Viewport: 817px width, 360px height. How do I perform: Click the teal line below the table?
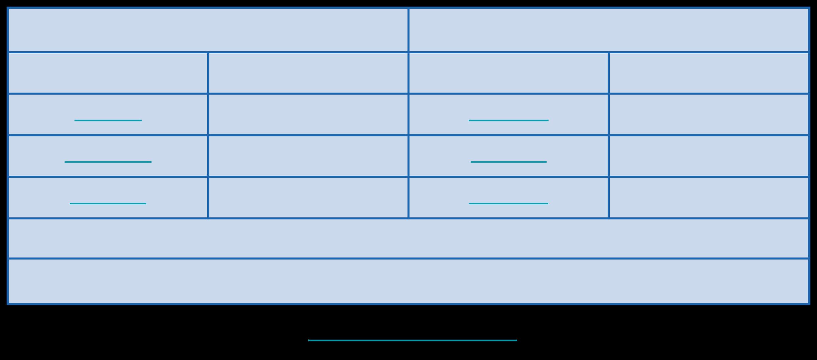point(412,340)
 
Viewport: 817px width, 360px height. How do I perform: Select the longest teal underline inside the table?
point(108,162)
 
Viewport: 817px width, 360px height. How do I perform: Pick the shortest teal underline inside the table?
point(108,120)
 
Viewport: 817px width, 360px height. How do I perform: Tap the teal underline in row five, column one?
point(108,203)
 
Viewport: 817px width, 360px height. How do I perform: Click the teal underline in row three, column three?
point(508,120)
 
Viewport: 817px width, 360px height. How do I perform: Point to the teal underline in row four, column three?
point(508,162)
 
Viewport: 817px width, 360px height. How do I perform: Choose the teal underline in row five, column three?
point(508,203)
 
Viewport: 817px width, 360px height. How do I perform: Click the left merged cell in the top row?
point(208,30)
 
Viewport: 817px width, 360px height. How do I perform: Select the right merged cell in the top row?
point(608,30)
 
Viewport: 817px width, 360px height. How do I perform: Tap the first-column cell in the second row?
point(108,73)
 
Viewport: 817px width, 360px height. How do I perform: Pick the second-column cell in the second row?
point(308,73)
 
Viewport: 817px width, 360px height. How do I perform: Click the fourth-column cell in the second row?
point(708,73)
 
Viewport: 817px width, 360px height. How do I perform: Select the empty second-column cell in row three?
point(308,114)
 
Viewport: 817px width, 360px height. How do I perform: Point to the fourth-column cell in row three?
point(708,114)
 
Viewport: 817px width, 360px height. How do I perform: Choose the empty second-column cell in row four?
point(308,156)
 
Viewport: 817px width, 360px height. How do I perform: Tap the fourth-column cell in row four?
point(708,156)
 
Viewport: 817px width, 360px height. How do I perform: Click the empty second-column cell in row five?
point(308,197)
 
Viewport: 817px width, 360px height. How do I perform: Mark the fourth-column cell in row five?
point(708,197)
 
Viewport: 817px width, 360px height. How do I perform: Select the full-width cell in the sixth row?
point(408,238)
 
